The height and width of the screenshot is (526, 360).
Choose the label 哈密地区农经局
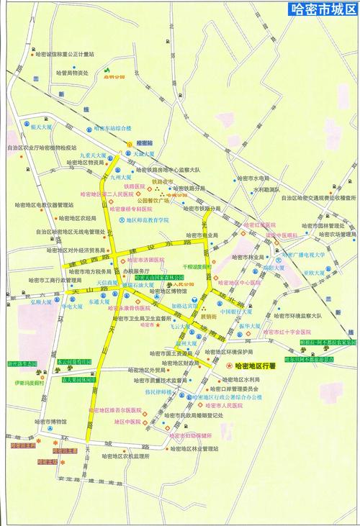coord(78,217)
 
